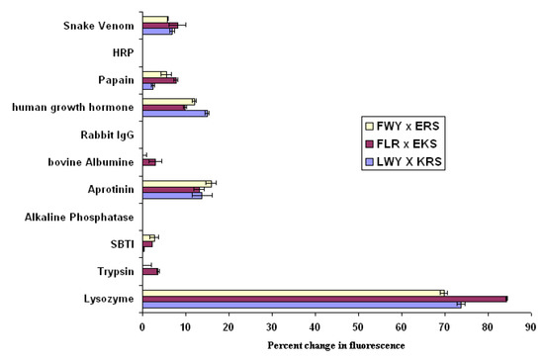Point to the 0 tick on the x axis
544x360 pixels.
[142, 323]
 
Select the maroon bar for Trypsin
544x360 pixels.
[149, 270]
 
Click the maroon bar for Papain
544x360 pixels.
[159, 79]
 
